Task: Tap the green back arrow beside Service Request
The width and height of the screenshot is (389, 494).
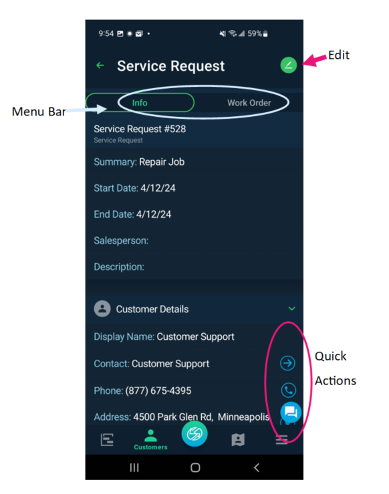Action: (100, 65)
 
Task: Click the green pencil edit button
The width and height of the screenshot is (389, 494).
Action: (288, 65)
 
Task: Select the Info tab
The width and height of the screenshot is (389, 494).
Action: (140, 103)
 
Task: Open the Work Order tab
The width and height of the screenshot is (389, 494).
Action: (249, 103)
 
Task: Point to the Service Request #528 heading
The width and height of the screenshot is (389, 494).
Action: (140, 129)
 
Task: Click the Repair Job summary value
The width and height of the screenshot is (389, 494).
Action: (162, 162)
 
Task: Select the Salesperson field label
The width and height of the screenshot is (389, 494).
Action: (121, 240)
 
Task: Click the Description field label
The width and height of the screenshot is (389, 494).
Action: (119, 267)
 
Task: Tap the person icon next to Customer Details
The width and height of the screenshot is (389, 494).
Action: (102, 309)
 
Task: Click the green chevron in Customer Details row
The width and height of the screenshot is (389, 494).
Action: (291, 309)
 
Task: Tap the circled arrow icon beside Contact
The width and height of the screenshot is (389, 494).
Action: (287, 363)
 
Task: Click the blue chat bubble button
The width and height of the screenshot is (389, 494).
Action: (290, 411)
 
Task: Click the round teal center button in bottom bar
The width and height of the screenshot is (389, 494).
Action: (194, 434)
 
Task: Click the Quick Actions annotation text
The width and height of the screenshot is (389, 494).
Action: (335, 368)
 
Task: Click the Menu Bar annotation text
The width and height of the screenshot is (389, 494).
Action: (38, 111)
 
